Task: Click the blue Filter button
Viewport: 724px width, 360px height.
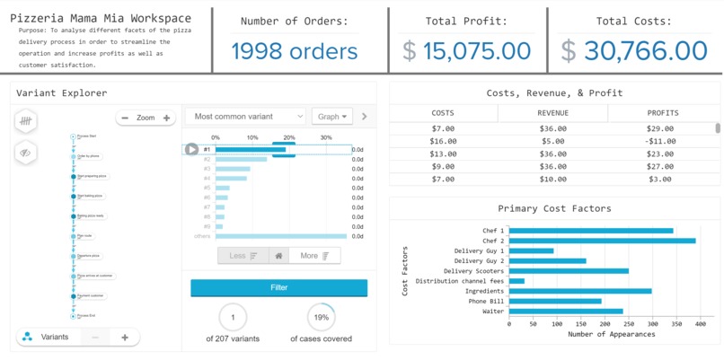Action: (x=278, y=287)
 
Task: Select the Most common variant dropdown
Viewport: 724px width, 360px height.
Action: (x=245, y=117)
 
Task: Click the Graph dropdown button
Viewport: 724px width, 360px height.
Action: (x=331, y=117)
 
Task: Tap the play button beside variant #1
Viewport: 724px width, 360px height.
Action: (x=191, y=149)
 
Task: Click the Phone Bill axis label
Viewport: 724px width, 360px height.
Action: (x=487, y=302)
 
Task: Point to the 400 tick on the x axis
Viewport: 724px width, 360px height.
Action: (x=700, y=324)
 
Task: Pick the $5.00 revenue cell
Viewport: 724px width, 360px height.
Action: (x=552, y=141)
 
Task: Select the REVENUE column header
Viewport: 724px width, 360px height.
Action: (x=552, y=113)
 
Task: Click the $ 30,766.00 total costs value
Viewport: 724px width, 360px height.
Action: (x=636, y=51)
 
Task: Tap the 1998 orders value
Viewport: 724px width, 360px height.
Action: (x=295, y=51)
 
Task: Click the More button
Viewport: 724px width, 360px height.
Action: (x=314, y=256)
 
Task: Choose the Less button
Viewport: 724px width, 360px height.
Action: (x=243, y=256)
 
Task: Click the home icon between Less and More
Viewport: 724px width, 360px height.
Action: (x=278, y=256)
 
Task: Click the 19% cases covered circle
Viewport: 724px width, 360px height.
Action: (x=322, y=317)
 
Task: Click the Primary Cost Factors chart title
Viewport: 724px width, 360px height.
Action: (x=554, y=208)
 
